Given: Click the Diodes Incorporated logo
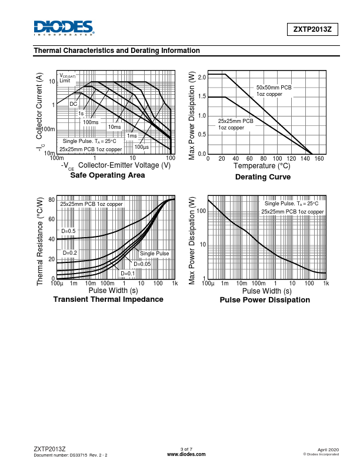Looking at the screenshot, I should pyautogui.click(x=64, y=28).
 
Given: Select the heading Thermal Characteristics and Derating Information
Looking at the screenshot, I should pyautogui.click(x=117, y=51).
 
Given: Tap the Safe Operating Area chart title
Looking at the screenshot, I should pyautogui.click(x=107, y=175).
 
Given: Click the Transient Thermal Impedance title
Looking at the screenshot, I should pyautogui.click(x=108, y=299).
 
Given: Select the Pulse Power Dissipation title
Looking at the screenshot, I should pyautogui.click(x=265, y=300).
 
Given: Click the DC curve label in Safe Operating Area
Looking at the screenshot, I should pyautogui.click(x=74, y=104).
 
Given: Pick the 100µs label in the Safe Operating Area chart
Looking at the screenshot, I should pyautogui.click(x=142, y=147).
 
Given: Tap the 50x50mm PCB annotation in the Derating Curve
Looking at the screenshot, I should pyautogui.click(x=274, y=88).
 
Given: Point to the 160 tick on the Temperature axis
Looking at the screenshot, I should pyautogui.click(x=319, y=159).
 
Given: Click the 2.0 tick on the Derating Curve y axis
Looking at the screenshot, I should pyautogui.click(x=202, y=78).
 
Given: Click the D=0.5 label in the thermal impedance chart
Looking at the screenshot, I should pyautogui.click(x=68, y=231).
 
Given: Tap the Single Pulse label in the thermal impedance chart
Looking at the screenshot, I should pyautogui.click(x=154, y=253).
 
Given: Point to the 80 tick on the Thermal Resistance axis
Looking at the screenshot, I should pyautogui.click(x=52, y=200).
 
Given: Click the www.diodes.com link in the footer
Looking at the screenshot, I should pyautogui.click(x=186, y=455).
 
